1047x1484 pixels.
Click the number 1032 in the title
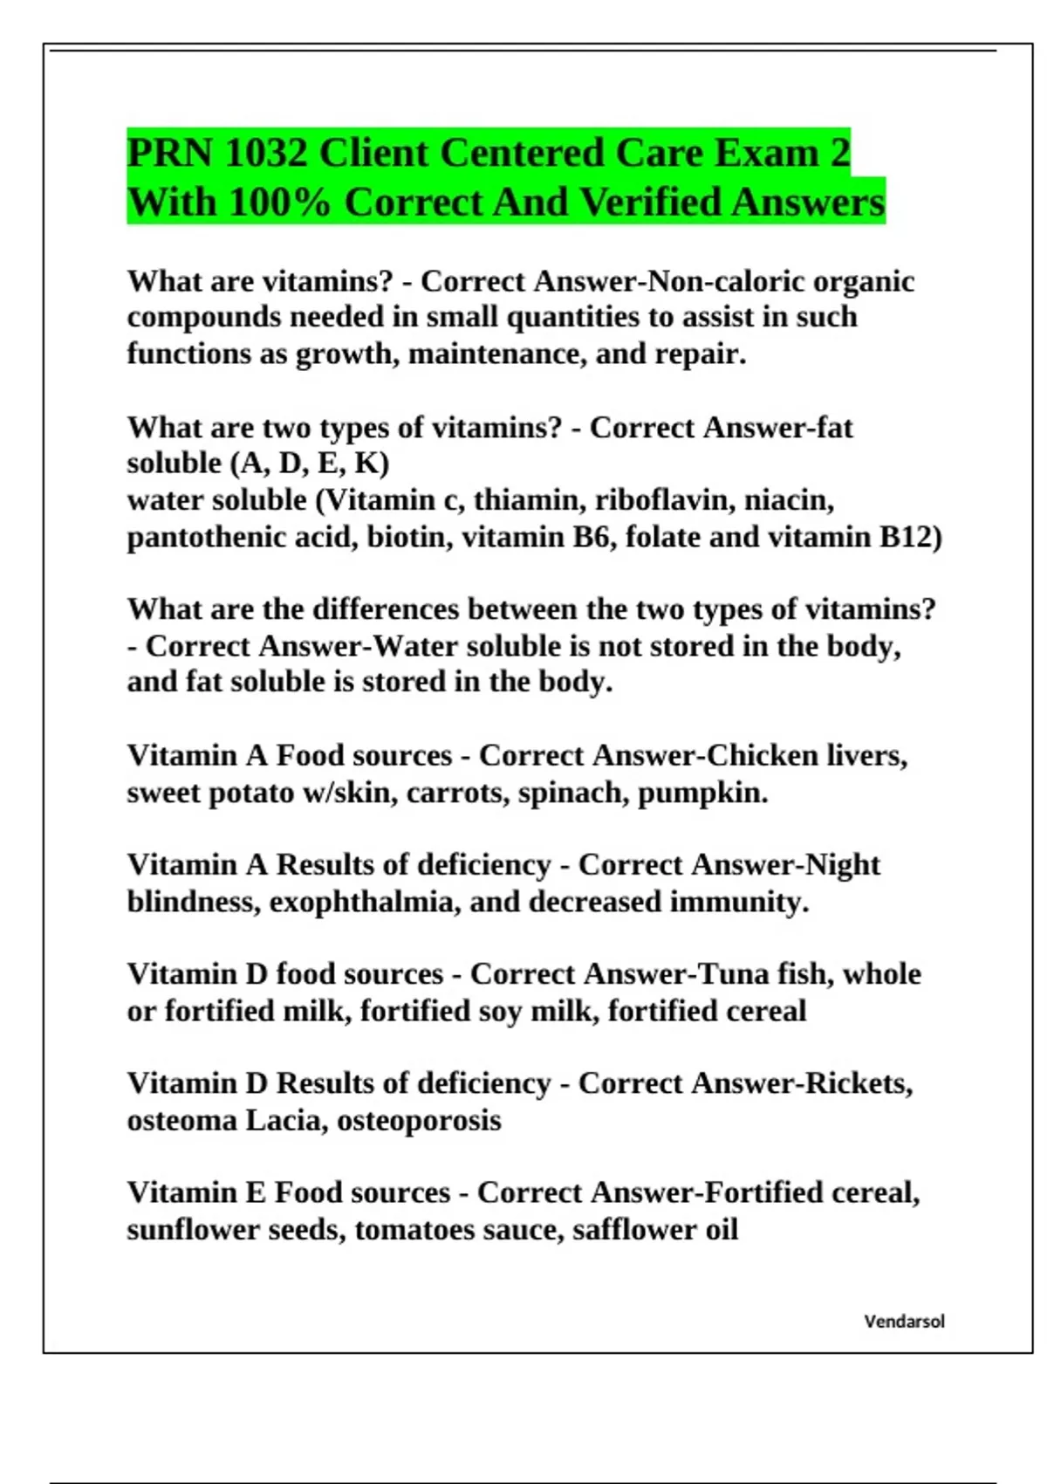pyautogui.click(x=265, y=154)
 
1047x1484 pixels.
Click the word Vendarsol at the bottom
pyautogui.click(x=904, y=1321)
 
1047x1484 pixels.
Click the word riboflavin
pyautogui.click(x=664, y=500)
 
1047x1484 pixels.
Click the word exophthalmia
pyautogui.click(x=365, y=902)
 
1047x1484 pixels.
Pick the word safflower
pyautogui.click(x=623, y=1230)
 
